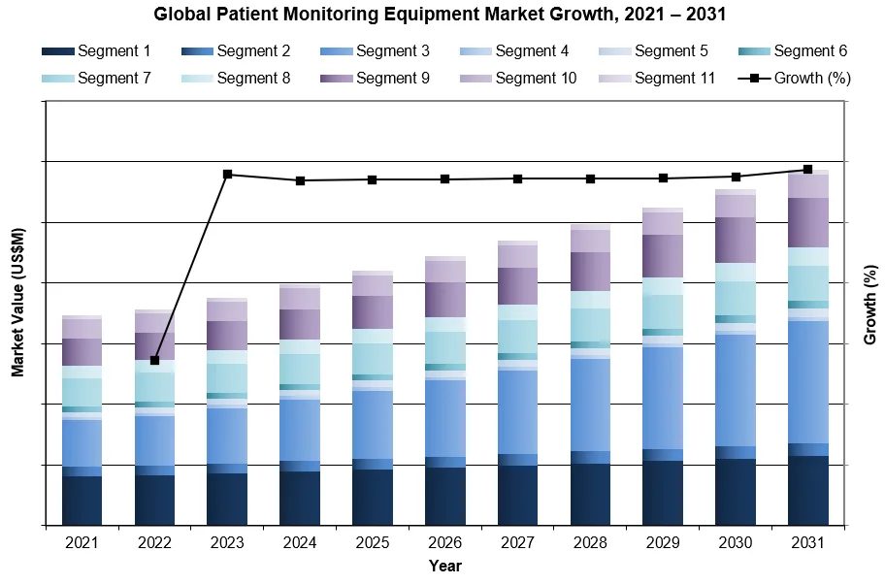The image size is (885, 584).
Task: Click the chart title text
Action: (x=442, y=15)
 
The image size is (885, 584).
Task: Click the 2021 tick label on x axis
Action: (x=82, y=543)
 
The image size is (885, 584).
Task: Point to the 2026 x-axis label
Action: (x=444, y=543)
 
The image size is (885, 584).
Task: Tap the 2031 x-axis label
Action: (x=807, y=543)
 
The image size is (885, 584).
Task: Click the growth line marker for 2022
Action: (x=154, y=360)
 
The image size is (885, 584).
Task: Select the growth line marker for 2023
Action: (x=227, y=175)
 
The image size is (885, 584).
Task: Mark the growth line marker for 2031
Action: (x=807, y=169)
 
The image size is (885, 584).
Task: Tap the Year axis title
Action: (x=445, y=566)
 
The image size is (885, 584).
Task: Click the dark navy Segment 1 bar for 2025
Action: (x=373, y=497)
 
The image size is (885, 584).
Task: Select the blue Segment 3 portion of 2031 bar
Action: (x=807, y=381)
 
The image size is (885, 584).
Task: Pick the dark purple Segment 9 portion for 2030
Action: (x=735, y=240)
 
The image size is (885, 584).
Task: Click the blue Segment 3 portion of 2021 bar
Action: (x=82, y=442)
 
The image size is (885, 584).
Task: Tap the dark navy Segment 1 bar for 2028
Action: (x=590, y=494)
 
